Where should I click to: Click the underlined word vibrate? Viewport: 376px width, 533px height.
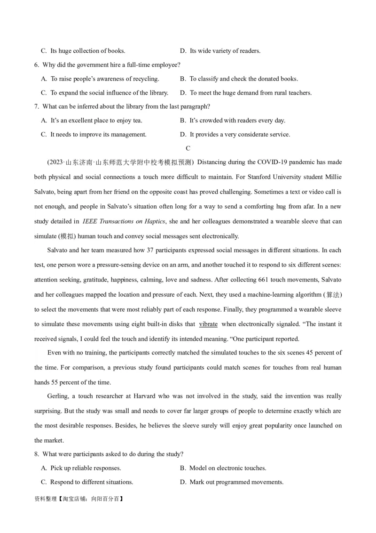(208, 324)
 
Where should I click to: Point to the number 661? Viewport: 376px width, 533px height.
(263, 280)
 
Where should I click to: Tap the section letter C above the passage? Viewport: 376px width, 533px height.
(188, 149)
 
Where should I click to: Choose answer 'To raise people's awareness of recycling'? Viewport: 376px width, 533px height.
(104, 79)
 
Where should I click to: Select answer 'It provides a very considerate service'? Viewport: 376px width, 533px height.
(240, 135)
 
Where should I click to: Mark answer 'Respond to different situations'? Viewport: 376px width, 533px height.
(91, 482)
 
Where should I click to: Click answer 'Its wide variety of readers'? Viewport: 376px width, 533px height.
(225, 51)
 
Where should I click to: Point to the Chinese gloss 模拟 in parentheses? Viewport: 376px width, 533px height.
(65, 236)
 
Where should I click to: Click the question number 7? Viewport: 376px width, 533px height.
(37, 106)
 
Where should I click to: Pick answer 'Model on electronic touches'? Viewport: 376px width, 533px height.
(227, 468)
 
